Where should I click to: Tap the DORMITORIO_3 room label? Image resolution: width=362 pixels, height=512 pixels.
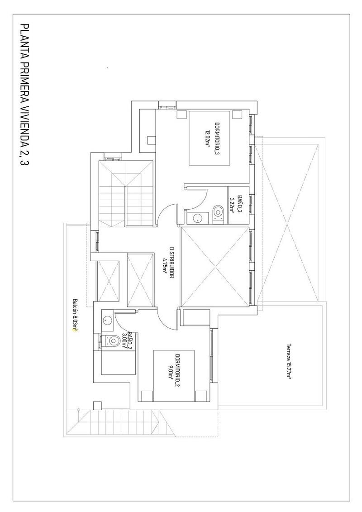pyautogui.click(x=217, y=139)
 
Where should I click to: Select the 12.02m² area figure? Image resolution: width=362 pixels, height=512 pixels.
pyautogui.click(x=207, y=139)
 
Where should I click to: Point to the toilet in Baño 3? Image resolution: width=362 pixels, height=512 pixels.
pyautogui.click(x=218, y=211)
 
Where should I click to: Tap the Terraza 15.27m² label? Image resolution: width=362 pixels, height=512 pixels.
pyautogui.click(x=288, y=360)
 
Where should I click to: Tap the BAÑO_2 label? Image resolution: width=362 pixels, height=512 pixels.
pyautogui.click(x=129, y=340)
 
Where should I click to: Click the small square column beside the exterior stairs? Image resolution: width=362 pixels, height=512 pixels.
pyautogui.click(x=97, y=405)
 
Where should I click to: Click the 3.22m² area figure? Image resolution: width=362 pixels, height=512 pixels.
pyautogui.click(x=232, y=199)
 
